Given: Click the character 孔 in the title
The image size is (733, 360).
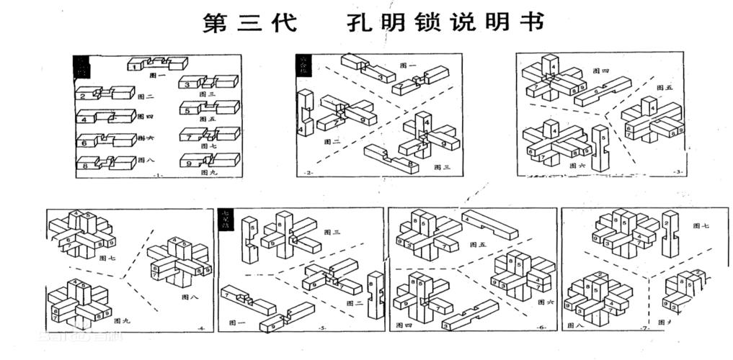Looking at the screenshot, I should pyautogui.click(x=355, y=23).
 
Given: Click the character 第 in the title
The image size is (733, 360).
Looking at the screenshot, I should pyautogui.click(x=217, y=23).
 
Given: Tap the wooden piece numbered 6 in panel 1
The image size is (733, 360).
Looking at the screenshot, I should pyautogui.click(x=105, y=142).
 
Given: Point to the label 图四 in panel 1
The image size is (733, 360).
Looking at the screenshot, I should pyautogui.click(x=145, y=116).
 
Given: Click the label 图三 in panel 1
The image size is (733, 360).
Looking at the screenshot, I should pyautogui.click(x=208, y=94).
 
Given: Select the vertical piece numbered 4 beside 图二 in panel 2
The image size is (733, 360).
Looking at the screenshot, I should pyautogui.click(x=303, y=114).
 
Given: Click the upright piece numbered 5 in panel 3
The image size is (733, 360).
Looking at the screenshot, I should pyautogui.click(x=599, y=148).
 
